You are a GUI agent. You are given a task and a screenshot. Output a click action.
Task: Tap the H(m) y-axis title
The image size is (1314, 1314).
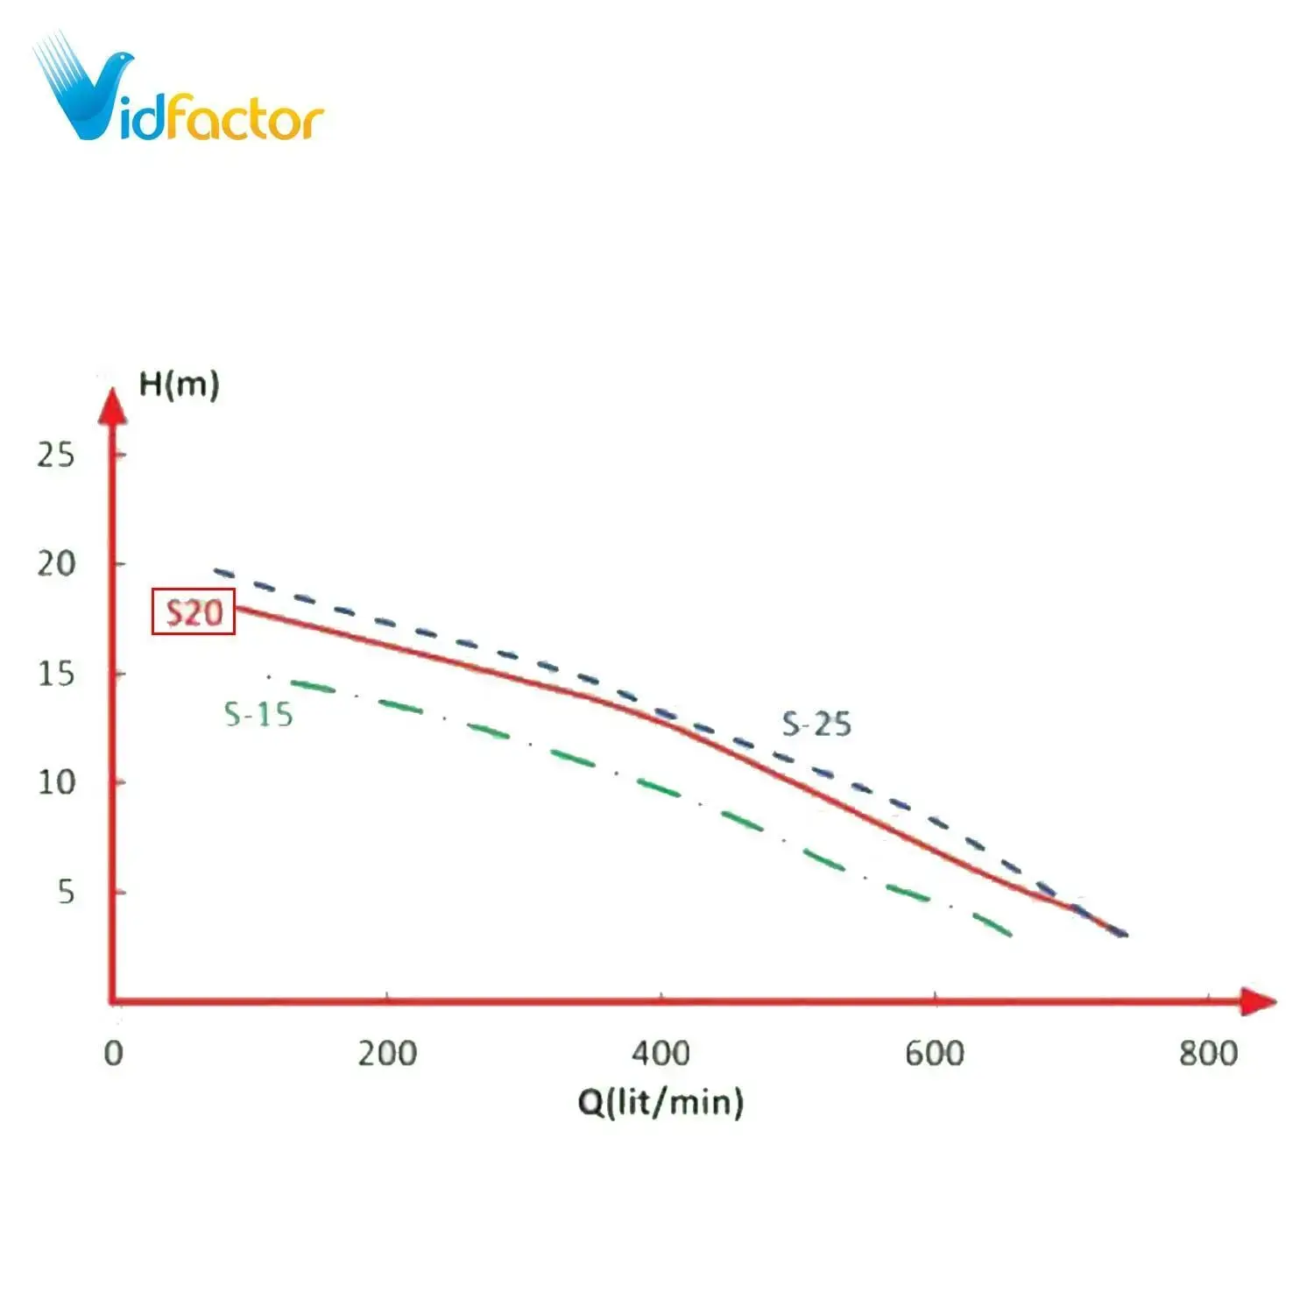[x=180, y=385]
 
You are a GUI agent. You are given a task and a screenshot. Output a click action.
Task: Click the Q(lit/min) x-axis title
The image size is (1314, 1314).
[x=661, y=1101]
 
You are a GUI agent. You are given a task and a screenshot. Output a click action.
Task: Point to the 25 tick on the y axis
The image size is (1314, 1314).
[x=56, y=455]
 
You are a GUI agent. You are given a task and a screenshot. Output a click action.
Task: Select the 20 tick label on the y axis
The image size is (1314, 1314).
[x=56, y=564]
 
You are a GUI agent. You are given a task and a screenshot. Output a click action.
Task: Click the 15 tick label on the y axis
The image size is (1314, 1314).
[x=56, y=674]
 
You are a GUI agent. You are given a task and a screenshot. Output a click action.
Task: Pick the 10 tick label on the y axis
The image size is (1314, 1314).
[x=56, y=782]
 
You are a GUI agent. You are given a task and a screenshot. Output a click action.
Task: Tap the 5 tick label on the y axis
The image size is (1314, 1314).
[x=66, y=892]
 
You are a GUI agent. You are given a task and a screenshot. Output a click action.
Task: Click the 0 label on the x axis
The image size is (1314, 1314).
[x=114, y=1053]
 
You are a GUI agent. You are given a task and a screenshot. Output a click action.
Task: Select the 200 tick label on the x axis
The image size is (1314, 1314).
[x=387, y=1053]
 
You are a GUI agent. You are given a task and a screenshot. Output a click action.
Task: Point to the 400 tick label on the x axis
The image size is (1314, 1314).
[x=661, y=1053]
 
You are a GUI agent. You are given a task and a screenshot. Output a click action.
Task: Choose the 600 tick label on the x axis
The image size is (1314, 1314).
[x=935, y=1053]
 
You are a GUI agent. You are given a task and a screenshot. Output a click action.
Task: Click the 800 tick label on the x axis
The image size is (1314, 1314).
[x=1208, y=1053]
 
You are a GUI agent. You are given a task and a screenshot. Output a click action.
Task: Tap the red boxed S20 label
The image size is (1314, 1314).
[x=194, y=611]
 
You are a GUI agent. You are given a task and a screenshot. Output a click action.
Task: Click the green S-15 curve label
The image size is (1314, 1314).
[x=258, y=715]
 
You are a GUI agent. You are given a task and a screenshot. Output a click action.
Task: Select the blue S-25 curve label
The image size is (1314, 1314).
[x=816, y=724]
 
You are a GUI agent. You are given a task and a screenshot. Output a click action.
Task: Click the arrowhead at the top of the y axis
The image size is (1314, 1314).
[x=112, y=406]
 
